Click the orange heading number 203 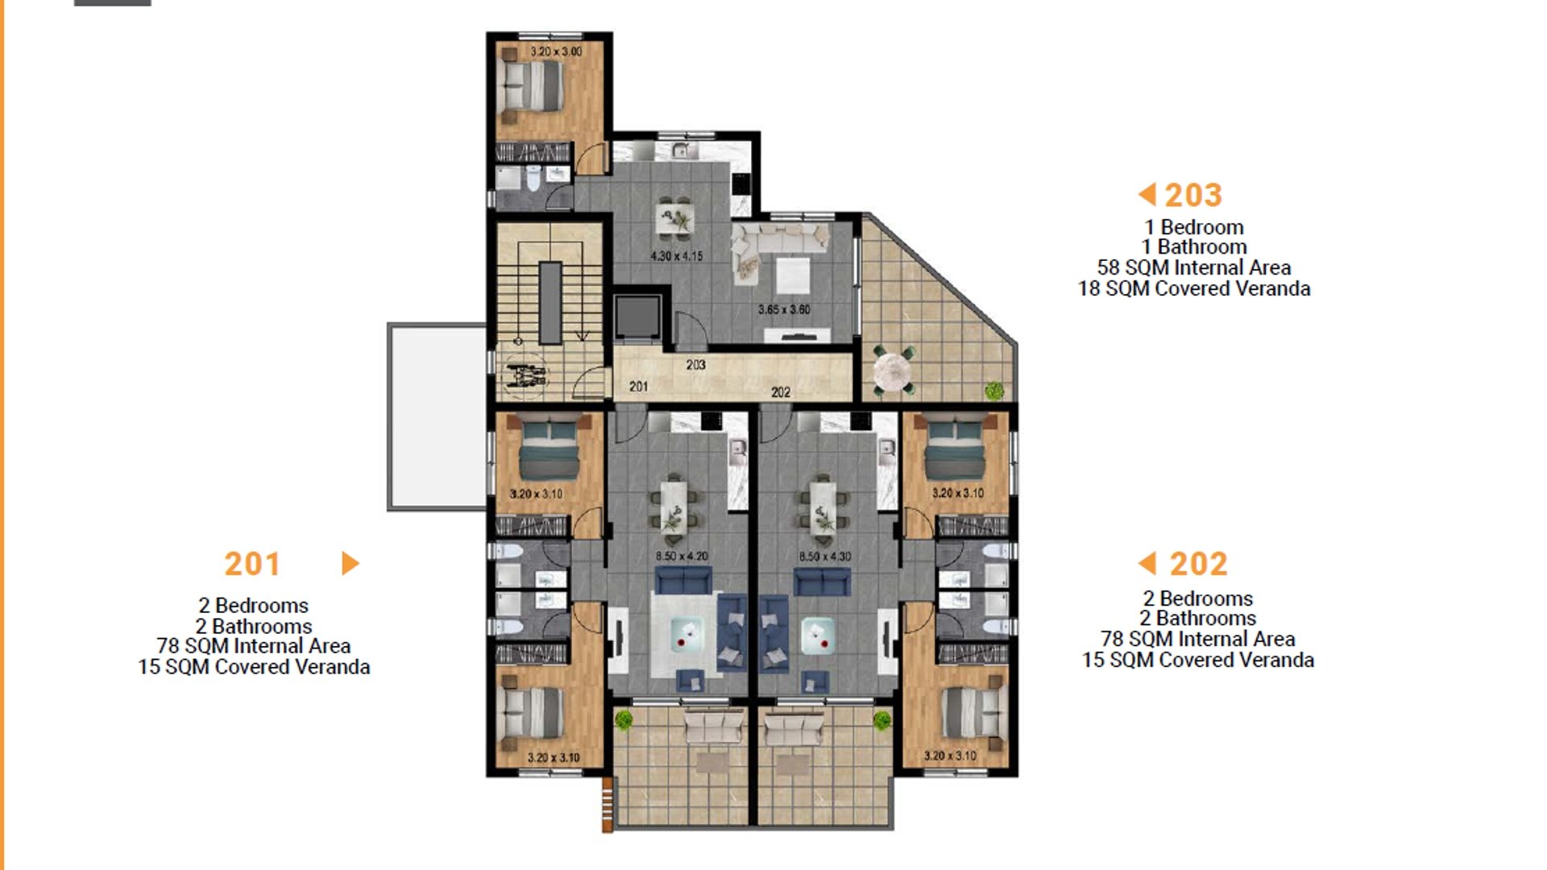pyautogui.click(x=1193, y=195)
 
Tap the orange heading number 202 pyautogui.click(x=1199, y=564)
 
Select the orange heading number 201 pyautogui.click(x=252, y=564)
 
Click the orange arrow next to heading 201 pyautogui.click(x=350, y=563)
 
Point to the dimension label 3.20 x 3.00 pyautogui.click(x=556, y=52)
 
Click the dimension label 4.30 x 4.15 pyautogui.click(x=677, y=256)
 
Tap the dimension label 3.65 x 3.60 pyautogui.click(x=784, y=309)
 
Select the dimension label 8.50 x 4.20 pyautogui.click(x=682, y=556)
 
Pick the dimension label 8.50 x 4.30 pyautogui.click(x=825, y=556)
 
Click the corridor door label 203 pyautogui.click(x=696, y=365)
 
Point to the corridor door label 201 pyautogui.click(x=638, y=387)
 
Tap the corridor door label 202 pyautogui.click(x=781, y=392)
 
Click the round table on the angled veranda pyautogui.click(x=892, y=372)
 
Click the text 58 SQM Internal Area pyautogui.click(x=1194, y=267)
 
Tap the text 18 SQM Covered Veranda pyautogui.click(x=1194, y=288)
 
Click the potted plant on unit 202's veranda pyautogui.click(x=882, y=719)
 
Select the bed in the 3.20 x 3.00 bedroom pyautogui.click(x=532, y=85)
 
